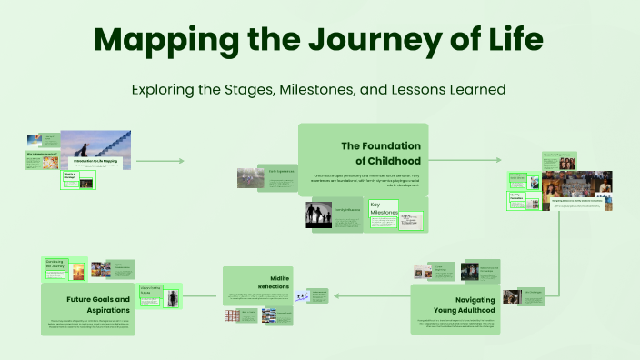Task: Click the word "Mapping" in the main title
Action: (x=176, y=40)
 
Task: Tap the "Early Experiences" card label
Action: (x=282, y=170)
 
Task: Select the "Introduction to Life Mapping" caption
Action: (x=95, y=161)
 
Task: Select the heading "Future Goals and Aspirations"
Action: (x=98, y=304)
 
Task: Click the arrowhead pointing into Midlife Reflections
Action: (x=335, y=295)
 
